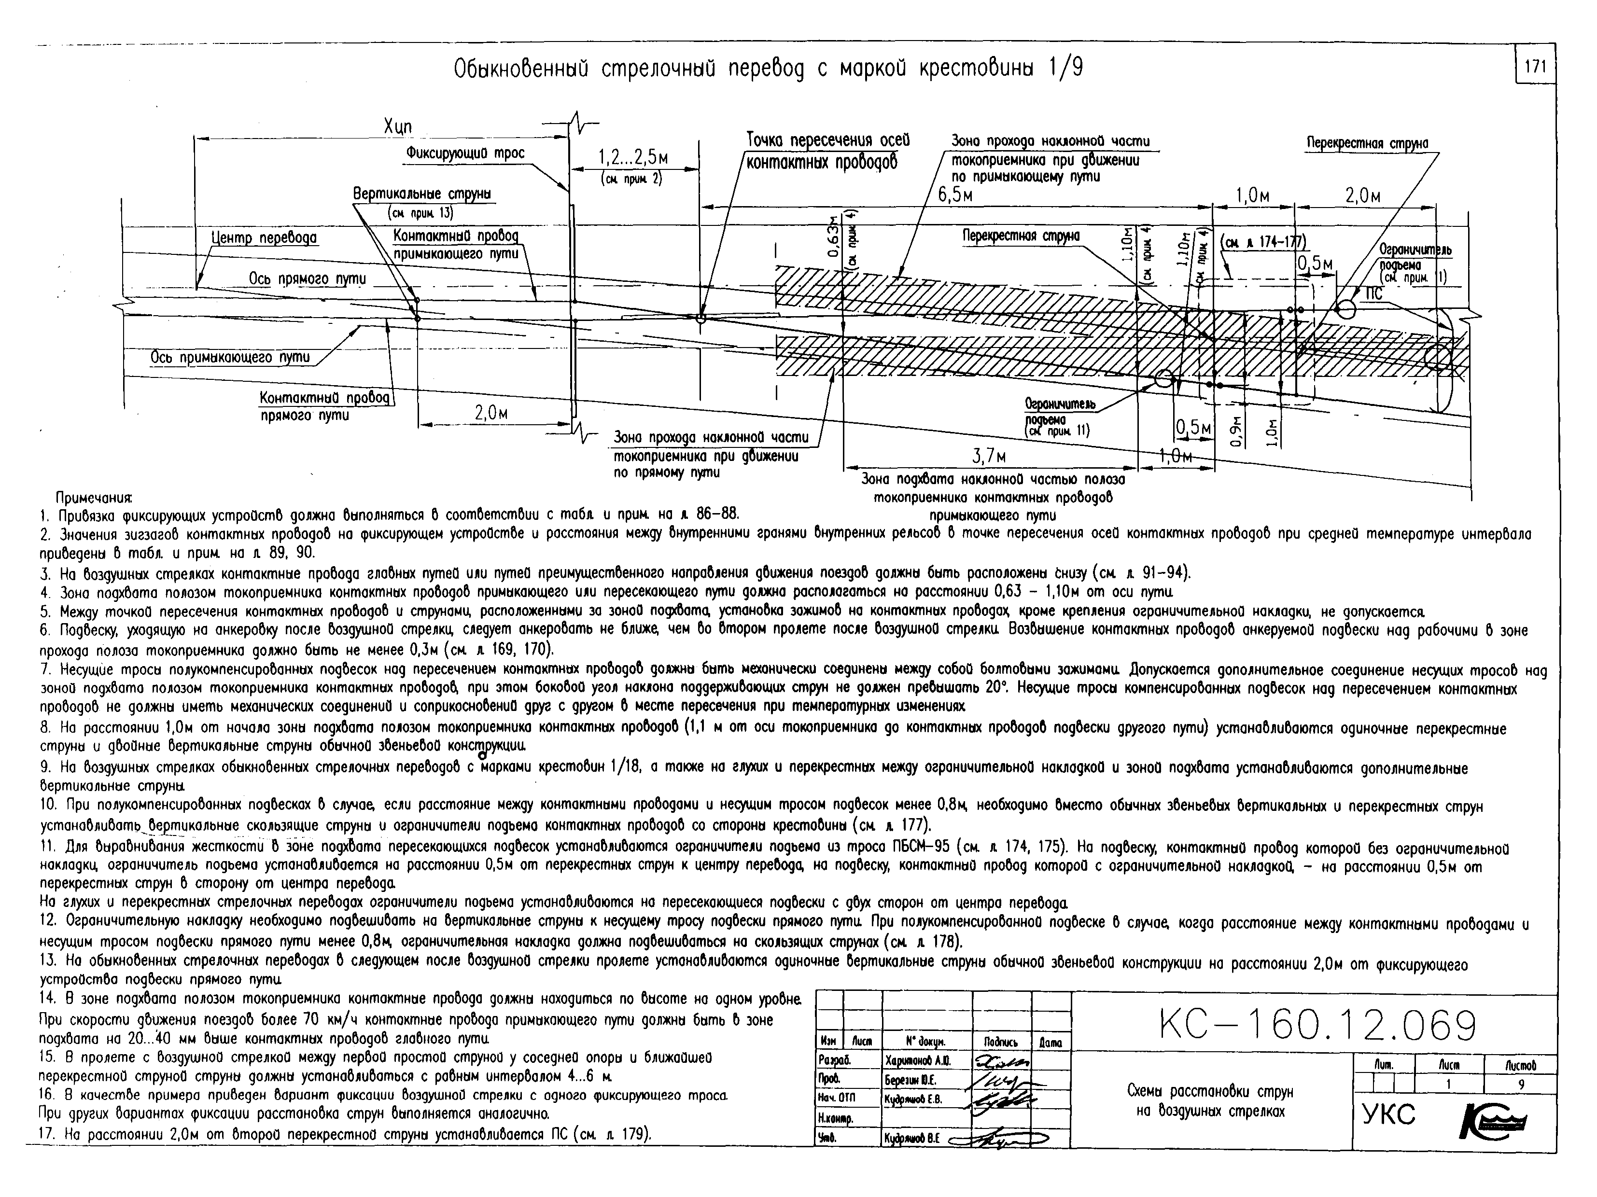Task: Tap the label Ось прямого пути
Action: click(x=308, y=278)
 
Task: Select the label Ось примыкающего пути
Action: click(x=230, y=357)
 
